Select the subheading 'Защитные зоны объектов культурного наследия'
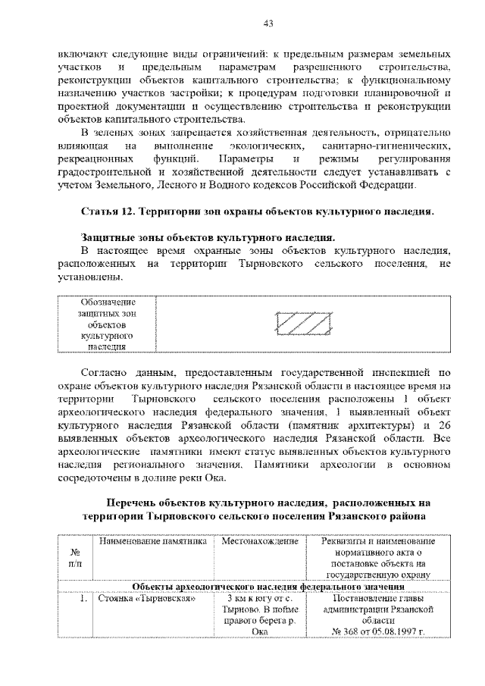tap(208, 237)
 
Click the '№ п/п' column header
tap(75, 558)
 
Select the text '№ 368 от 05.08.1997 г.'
tap(377, 631)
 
